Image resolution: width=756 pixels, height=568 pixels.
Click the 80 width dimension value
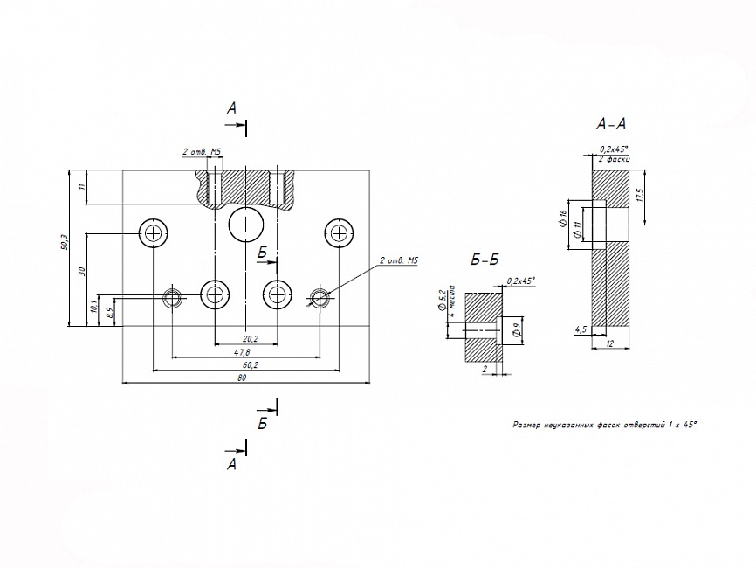pyautogui.click(x=242, y=378)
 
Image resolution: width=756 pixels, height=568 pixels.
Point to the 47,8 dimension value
pyautogui.click(x=242, y=352)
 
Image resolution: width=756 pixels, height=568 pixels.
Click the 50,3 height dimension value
pyautogui.click(x=64, y=242)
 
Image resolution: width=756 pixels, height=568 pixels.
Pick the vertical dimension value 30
pyautogui.click(x=81, y=271)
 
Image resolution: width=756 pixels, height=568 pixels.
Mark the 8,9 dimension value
pyautogui.click(x=108, y=310)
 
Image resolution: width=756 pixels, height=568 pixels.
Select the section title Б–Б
pyautogui.click(x=484, y=260)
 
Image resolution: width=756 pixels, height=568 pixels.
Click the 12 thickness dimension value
pyautogui.click(x=611, y=346)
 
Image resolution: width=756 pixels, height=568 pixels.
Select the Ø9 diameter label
pyautogui.click(x=516, y=329)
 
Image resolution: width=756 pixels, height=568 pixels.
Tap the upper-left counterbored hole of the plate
pyautogui.click(x=154, y=233)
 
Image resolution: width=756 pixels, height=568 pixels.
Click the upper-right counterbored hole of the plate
pyautogui.click(x=339, y=233)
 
